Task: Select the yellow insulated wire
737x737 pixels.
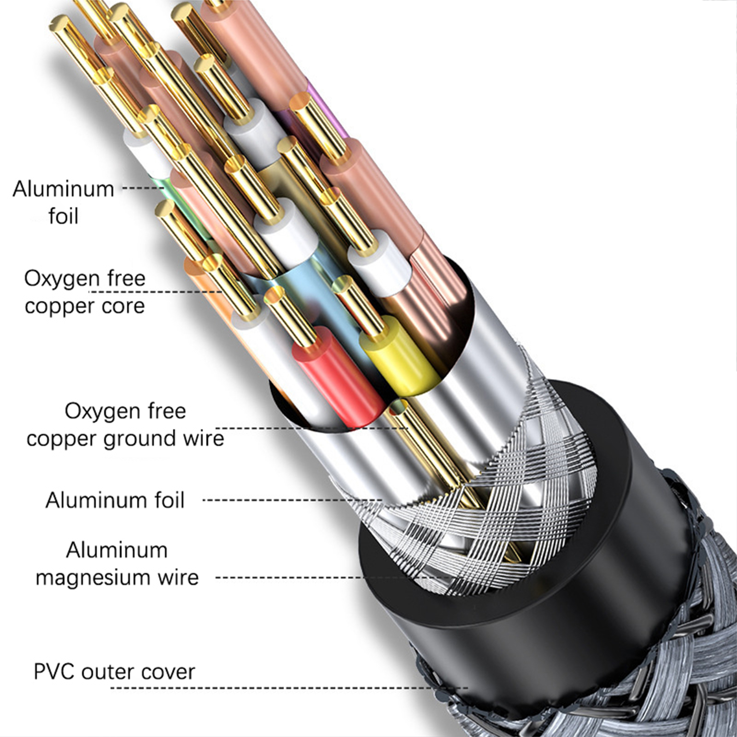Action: pos(398,355)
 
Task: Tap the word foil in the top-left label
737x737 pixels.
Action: pos(64,216)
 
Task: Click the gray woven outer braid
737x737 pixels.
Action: pos(668,668)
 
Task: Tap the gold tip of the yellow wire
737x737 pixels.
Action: pos(359,304)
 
